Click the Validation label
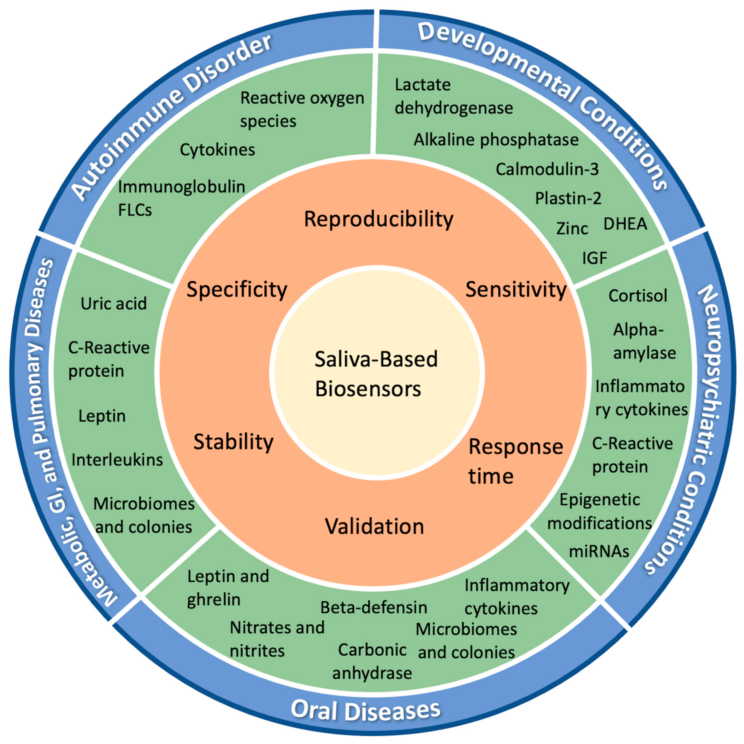[374, 526]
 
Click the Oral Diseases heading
[365, 709]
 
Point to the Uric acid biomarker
[114, 304]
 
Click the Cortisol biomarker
[638, 296]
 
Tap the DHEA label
[625, 224]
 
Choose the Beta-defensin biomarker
[374, 607]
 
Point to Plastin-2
[568, 198]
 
